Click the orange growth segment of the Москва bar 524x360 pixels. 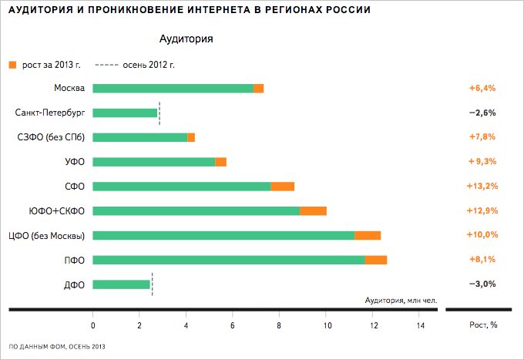(x=259, y=88)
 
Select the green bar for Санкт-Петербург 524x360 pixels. (x=125, y=113)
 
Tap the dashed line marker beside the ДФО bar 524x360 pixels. (x=153, y=284)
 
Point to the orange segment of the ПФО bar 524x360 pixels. (x=376, y=260)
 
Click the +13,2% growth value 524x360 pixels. (x=482, y=186)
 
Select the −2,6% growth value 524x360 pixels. (x=482, y=113)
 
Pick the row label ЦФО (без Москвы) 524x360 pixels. (x=45, y=235)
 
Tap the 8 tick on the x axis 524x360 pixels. (x=280, y=325)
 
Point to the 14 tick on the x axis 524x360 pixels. (x=420, y=325)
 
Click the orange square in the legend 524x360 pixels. (x=12, y=65)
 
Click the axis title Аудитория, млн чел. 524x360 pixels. (x=400, y=300)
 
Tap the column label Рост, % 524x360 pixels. (x=483, y=325)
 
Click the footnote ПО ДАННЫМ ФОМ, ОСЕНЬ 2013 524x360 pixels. (x=57, y=347)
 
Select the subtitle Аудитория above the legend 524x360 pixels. (x=186, y=38)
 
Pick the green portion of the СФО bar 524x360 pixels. (x=182, y=186)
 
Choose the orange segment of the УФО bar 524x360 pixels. (x=221, y=161)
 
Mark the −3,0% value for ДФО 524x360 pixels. (x=482, y=284)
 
